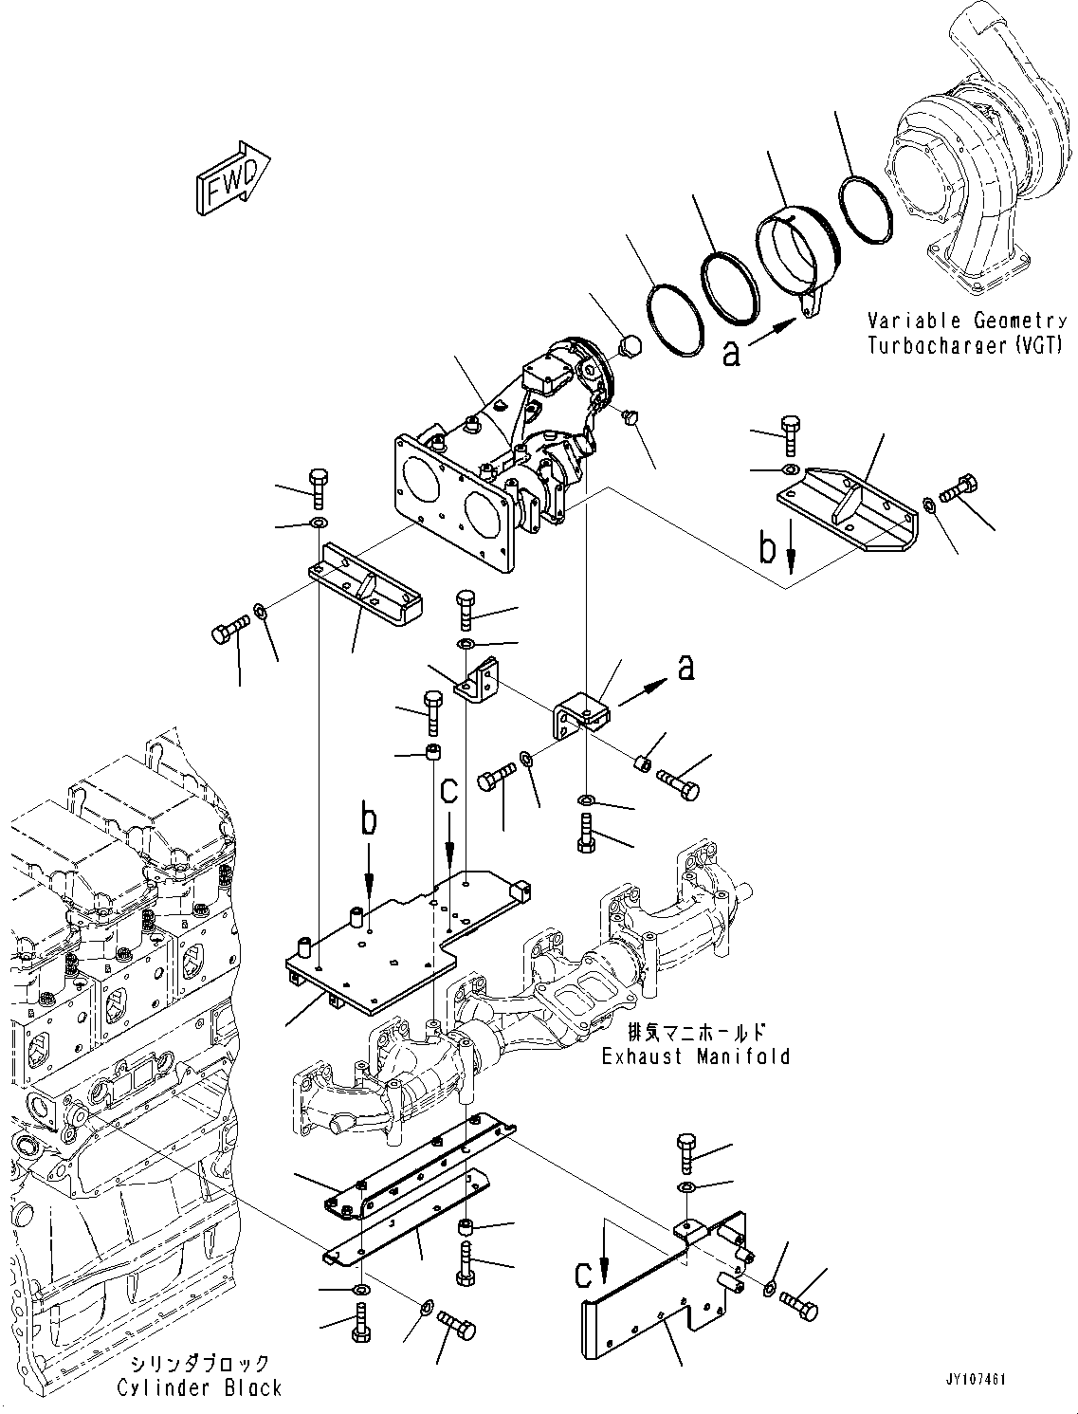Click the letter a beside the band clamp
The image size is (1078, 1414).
(731, 353)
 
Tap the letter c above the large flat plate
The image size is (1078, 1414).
(448, 791)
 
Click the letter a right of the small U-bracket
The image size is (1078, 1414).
(687, 668)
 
